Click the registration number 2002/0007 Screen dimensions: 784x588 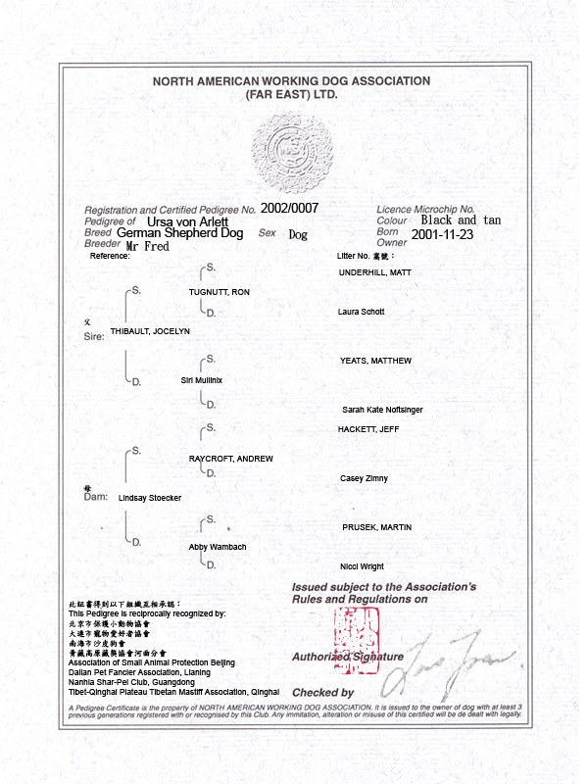(x=289, y=209)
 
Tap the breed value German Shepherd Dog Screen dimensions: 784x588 (x=179, y=233)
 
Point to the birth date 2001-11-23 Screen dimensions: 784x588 (x=443, y=235)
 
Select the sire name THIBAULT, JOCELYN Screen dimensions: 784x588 (x=150, y=331)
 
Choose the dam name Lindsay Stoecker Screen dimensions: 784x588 (x=150, y=498)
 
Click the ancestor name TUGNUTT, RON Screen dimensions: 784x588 (x=220, y=293)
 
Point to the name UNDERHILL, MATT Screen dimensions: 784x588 (x=374, y=271)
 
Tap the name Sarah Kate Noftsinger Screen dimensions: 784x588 (x=382, y=410)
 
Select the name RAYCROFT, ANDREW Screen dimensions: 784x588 (x=230, y=459)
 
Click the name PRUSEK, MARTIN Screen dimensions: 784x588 (x=376, y=528)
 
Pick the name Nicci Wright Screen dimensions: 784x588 (x=362, y=566)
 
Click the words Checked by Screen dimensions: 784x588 (x=316, y=692)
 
